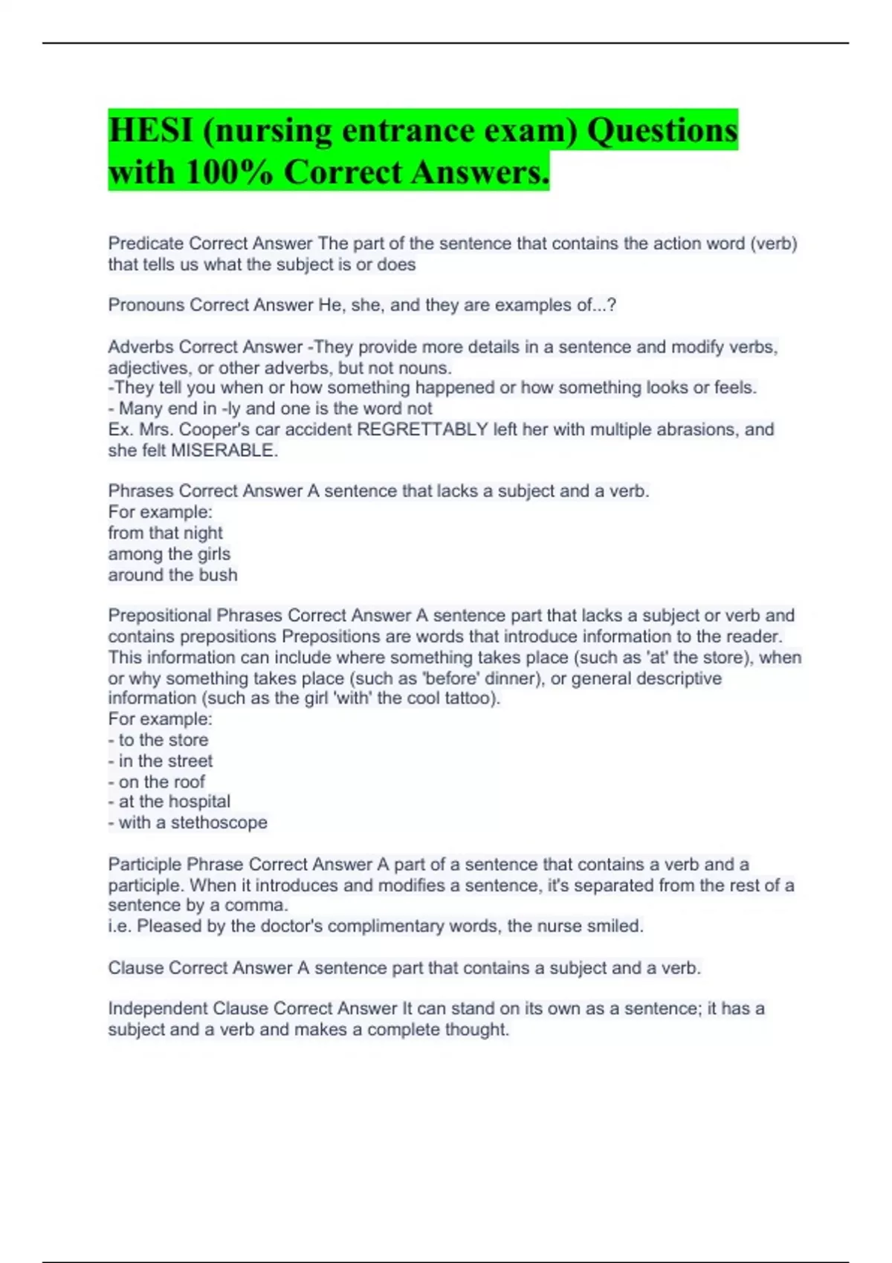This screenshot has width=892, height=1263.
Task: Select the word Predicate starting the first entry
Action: (x=146, y=244)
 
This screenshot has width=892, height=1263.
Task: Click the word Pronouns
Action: (x=146, y=305)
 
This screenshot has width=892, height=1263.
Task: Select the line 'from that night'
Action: (x=165, y=533)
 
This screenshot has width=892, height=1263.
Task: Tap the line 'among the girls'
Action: (x=169, y=553)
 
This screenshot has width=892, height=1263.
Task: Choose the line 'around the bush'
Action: (x=172, y=575)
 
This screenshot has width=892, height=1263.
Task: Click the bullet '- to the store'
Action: (x=158, y=740)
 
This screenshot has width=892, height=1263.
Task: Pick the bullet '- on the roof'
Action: (x=156, y=782)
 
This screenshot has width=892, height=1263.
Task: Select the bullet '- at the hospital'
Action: (x=169, y=802)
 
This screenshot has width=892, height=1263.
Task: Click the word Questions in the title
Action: (x=662, y=131)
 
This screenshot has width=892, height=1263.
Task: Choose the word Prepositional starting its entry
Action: (x=160, y=616)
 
